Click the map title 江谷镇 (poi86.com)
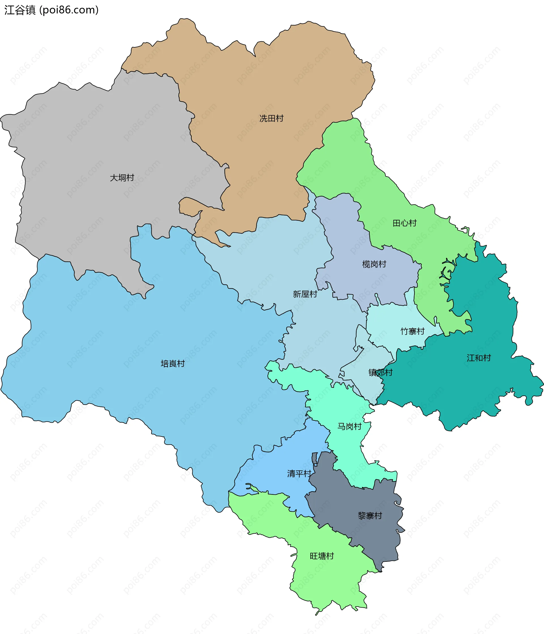pos(51,10)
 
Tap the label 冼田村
pos(271,118)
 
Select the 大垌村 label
pos(122,178)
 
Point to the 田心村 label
pos(405,223)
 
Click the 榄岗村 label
pos(374,264)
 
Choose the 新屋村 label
pos(305,294)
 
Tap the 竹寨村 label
pos(413,331)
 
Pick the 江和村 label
pos(479,358)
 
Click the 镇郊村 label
pos(380,373)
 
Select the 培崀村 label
pos(173,363)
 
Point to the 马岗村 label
pos(349,426)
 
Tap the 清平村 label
pos(299,474)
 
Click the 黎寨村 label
pos(370,516)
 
